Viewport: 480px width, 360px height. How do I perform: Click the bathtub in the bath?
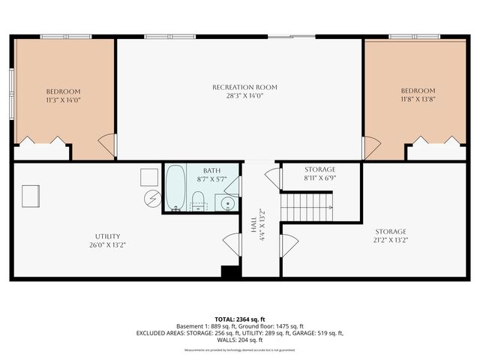pos(175,188)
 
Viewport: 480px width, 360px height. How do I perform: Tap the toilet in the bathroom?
pos(199,199)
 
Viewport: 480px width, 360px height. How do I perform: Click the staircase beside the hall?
pos(306,204)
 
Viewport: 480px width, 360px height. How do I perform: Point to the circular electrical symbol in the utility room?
pos(152,199)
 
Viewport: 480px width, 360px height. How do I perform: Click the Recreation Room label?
pos(239,87)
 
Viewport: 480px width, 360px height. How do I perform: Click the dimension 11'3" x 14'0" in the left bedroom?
pos(63,100)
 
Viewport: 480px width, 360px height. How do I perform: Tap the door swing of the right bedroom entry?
pos(370,147)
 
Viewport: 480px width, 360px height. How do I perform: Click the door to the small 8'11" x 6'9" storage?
pos(273,178)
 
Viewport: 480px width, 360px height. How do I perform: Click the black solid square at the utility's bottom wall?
pos(230,272)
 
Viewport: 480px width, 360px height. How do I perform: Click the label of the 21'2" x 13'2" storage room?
pos(391,232)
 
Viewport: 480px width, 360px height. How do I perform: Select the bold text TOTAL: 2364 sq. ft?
pos(239,319)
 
